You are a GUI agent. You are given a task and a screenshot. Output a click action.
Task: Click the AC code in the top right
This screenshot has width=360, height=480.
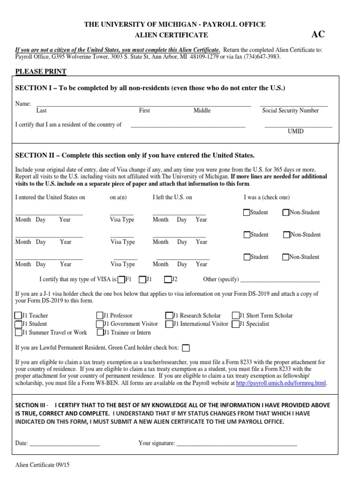318,34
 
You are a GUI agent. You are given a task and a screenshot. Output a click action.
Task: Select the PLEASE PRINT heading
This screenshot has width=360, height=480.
41,71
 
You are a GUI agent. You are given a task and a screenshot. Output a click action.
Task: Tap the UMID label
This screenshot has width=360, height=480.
295,131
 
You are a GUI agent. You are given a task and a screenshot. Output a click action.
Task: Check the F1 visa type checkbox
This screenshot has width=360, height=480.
121,279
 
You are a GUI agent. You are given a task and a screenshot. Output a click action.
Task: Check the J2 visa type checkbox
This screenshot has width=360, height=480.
167,279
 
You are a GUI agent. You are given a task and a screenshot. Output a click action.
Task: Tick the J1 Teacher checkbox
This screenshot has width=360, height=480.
18,316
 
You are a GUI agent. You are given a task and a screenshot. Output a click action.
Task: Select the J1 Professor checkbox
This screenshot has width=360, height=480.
100,316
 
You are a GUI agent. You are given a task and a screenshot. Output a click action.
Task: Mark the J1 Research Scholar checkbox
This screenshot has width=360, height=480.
169,316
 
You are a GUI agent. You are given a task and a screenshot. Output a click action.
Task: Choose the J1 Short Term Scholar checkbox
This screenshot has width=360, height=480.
235,316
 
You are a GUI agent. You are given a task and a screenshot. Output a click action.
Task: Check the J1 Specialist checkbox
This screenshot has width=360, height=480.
235,324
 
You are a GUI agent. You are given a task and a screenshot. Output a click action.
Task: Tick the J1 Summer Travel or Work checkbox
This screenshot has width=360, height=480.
18,332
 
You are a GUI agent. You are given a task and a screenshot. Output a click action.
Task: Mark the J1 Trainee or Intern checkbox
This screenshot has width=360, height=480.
100,332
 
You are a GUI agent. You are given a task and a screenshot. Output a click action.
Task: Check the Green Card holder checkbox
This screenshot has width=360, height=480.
186,348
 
